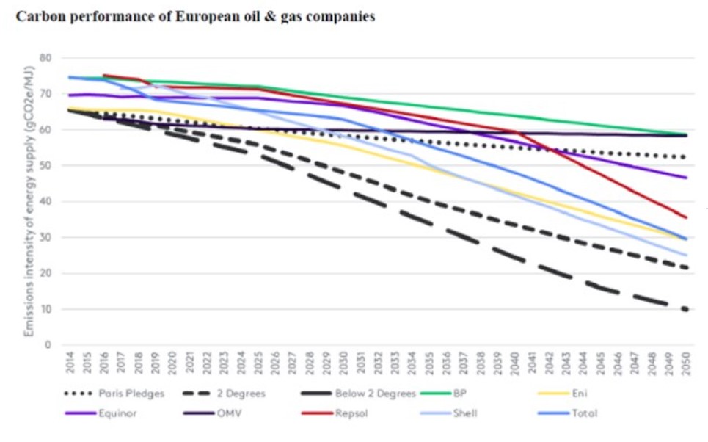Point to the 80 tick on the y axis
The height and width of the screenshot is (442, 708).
click(48, 58)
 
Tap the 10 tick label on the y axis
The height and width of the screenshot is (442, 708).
click(48, 309)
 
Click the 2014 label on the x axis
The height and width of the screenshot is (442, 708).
click(70, 364)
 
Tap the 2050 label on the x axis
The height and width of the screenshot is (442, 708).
click(686, 364)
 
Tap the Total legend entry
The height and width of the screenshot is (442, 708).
click(584, 413)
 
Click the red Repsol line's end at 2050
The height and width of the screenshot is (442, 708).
click(686, 217)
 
